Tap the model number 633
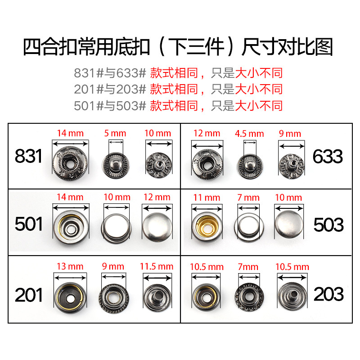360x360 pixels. [327, 156]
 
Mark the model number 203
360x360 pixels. [328, 295]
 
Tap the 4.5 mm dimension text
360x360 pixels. [249, 133]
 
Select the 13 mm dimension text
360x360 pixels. [70, 266]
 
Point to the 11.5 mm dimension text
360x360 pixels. [157, 266]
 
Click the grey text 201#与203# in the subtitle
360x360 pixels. [110, 89]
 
